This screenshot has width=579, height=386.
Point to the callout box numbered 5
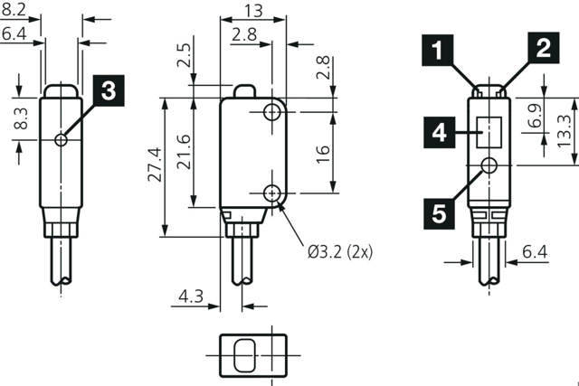(438, 212)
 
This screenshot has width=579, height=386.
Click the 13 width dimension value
(254, 11)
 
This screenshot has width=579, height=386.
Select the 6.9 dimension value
(534, 115)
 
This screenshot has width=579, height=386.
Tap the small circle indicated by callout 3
(61, 139)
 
